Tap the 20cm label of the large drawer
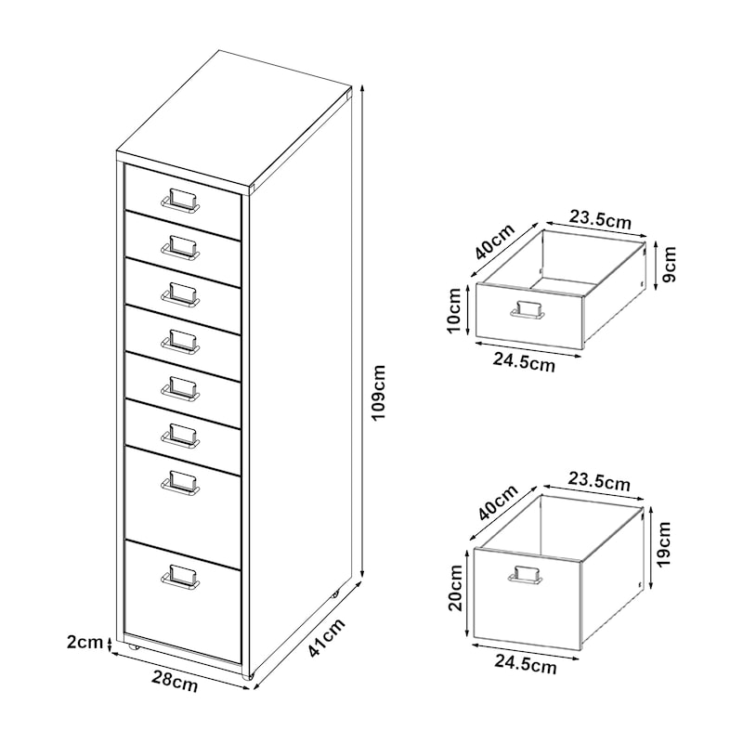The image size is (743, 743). coord(455,589)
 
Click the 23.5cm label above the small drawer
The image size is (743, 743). coord(601,220)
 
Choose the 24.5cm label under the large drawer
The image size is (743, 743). coord(526,664)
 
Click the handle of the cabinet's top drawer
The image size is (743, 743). coord(180,201)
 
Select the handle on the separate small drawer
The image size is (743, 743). coord(525,310)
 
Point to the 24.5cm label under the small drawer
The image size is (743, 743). coord(526,363)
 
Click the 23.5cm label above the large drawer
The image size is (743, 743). coord(601,482)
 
